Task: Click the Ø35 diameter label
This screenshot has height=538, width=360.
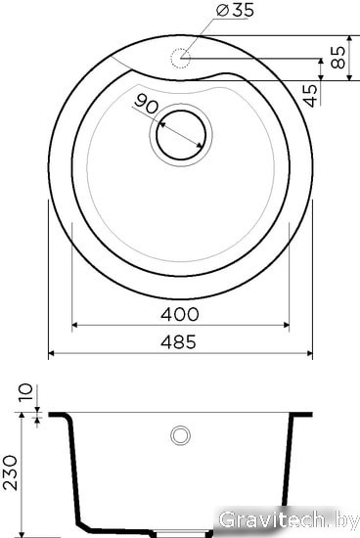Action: coord(236,11)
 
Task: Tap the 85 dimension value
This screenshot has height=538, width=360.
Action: coord(338,58)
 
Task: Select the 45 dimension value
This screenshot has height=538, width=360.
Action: coord(310,95)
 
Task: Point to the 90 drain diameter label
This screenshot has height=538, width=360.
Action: coord(146,104)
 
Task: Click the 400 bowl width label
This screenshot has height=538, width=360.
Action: coord(179,314)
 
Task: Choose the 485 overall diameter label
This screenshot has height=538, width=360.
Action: coord(179,341)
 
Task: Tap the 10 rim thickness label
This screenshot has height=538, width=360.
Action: coord(25,392)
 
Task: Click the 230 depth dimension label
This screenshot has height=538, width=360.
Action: coord(10,472)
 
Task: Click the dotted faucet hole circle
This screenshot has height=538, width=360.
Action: coord(180,59)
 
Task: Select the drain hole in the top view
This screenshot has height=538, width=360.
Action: coord(181,135)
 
